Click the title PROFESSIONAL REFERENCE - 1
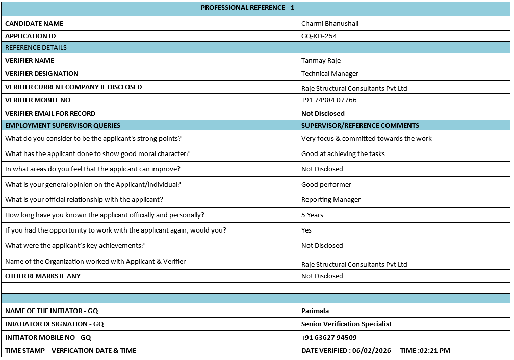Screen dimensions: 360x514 (247, 8)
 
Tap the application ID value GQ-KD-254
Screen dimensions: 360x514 (319, 36)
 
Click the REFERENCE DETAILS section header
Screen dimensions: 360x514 (36, 48)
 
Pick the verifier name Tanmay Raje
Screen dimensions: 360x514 (321, 61)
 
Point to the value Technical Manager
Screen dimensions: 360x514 (329, 74)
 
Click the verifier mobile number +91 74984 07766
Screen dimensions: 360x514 (329, 100)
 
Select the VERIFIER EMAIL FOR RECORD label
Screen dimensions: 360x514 (50, 114)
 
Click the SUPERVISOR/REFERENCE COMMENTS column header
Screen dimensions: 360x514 (360, 126)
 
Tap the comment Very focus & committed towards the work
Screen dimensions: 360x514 (366, 139)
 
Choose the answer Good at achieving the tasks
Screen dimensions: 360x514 (343, 154)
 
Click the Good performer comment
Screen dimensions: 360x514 (326, 185)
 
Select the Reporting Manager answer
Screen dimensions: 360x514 (330, 200)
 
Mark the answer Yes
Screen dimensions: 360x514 (306, 230)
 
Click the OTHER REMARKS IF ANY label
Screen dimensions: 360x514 (43, 276)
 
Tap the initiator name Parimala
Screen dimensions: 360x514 (315, 311)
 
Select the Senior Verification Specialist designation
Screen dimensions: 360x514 (346, 324)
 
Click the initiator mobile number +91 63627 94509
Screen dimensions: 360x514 (329, 338)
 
